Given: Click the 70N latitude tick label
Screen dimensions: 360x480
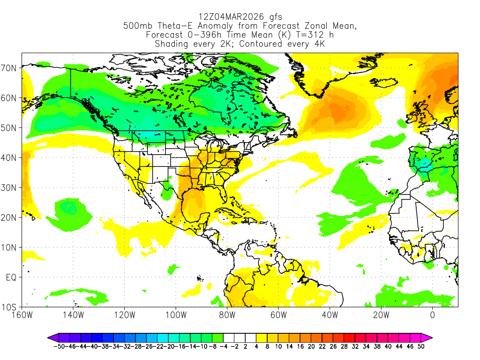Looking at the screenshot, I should (10, 68).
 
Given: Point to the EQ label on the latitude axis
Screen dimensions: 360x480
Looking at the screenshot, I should (11, 277).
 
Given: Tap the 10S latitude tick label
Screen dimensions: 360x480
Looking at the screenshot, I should (10, 307).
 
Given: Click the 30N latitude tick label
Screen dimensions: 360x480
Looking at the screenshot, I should (10, 187).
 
